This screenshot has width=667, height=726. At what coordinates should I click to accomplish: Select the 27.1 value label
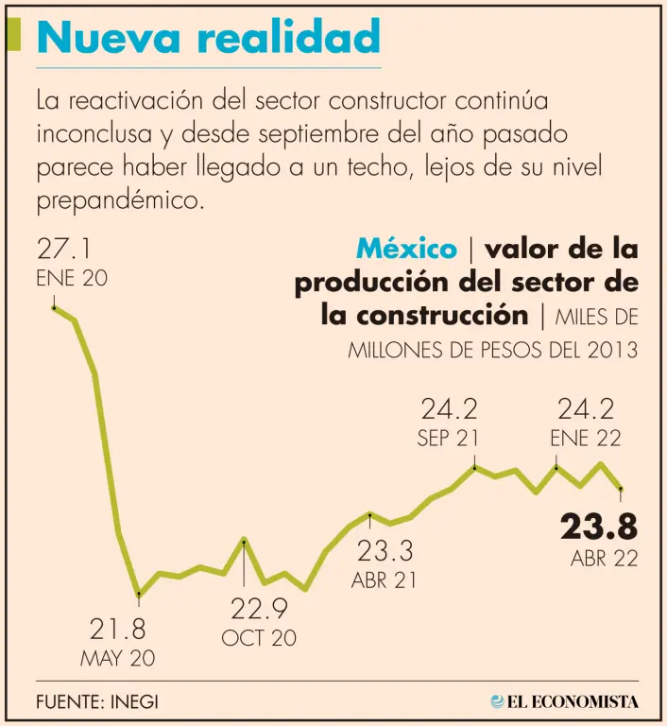tap(63, 250)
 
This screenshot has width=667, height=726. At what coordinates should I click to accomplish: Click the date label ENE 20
tap(72, 279)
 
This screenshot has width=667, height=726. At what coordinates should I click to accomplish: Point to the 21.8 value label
tap(118, 629)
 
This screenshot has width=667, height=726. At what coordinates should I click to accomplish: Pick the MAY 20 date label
tap(118, 659)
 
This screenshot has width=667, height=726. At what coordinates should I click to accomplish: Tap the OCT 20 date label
tap(259, 638)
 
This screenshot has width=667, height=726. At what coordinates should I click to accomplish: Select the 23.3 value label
tap(384, 550)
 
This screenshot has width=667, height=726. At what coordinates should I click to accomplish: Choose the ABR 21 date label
tap(384, 580)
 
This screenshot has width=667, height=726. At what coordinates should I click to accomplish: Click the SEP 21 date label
tap(448, 439)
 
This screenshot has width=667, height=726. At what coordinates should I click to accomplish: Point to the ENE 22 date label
tap(586, 439)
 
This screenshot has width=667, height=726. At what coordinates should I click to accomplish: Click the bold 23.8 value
tap(598, 526)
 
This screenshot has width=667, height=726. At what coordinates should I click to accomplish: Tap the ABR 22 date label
tap(604, 559)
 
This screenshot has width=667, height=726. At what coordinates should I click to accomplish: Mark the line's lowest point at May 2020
tap(139, 595)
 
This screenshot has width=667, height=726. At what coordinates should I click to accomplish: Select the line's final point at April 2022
tap(621, 488)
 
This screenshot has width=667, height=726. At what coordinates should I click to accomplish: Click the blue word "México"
tap(406, 250)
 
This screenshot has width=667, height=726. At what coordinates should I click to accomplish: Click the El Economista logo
tap(564, 701)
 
